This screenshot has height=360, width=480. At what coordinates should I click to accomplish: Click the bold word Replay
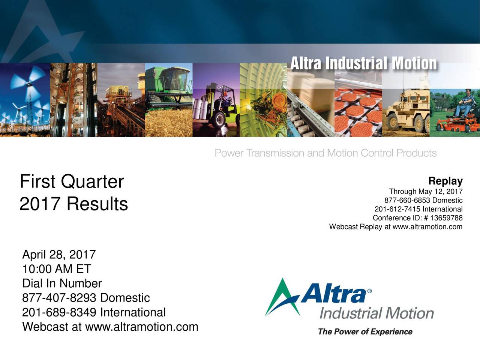coord(445,181)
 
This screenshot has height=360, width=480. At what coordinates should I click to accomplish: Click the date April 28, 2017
coord(59,255)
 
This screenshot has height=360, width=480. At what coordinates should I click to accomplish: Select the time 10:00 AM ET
coord(57,269)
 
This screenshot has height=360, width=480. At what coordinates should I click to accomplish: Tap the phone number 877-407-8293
coord(60,298)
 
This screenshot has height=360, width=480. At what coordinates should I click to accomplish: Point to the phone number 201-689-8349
coord(60,312)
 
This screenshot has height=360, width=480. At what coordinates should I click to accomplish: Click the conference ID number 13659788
coord(447,218)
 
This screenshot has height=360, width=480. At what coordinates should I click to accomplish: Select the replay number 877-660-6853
coord(408,201)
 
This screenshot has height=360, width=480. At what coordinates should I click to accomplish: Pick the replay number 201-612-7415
coord(397,209)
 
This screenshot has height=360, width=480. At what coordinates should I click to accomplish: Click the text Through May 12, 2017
coord(426,192)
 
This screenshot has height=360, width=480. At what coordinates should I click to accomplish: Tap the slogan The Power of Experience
coord(365,332)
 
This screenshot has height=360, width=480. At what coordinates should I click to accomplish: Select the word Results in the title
coord(97,204)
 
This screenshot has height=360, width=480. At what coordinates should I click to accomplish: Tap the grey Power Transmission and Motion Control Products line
coord(325,153)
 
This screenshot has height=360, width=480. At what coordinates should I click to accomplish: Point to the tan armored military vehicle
coord(407,109)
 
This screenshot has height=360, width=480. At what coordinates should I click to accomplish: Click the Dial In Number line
coord(62,283)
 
